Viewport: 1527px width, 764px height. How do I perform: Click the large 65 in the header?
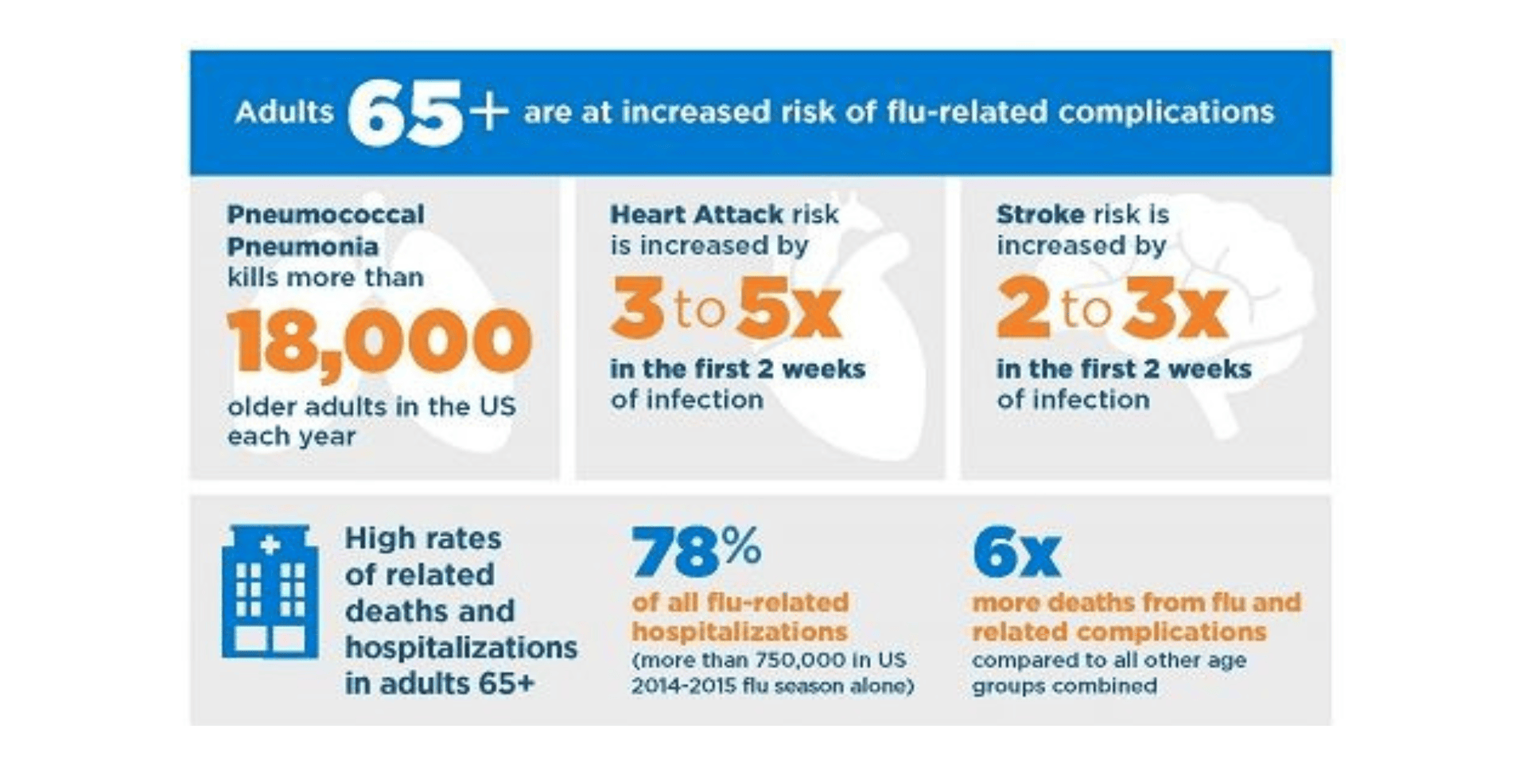tap(404, 114)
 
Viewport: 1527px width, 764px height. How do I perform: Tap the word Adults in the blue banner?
tap(284, 111)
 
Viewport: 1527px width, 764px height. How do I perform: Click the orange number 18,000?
tap(379, 341)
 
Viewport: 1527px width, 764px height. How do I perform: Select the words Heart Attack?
tap(696, 214)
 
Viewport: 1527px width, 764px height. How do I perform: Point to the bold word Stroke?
tap(1040, 214)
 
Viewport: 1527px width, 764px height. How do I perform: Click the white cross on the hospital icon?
tap(270, 544)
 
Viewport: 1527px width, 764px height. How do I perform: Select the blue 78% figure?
tap(696, 551)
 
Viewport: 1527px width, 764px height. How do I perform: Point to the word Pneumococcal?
tap(325, 214)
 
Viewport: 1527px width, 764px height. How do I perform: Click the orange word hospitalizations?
tap(740, 632)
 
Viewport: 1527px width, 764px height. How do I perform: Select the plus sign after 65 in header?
tap(488, 112)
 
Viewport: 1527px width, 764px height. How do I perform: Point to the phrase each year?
tap(291, 436)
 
